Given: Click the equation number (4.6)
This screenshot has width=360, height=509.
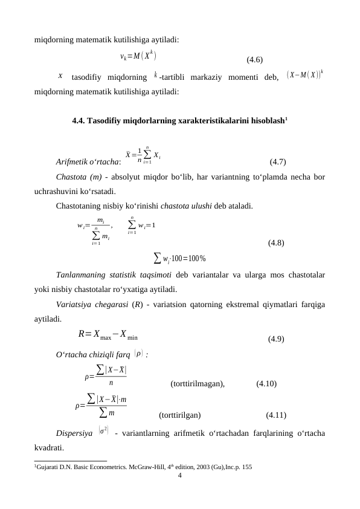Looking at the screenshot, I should [254, 60].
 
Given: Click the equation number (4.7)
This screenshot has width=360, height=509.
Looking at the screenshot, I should [278, 161].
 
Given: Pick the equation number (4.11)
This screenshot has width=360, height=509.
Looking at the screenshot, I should [275, 415].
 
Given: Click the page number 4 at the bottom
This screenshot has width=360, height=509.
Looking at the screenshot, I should [180, 475].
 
